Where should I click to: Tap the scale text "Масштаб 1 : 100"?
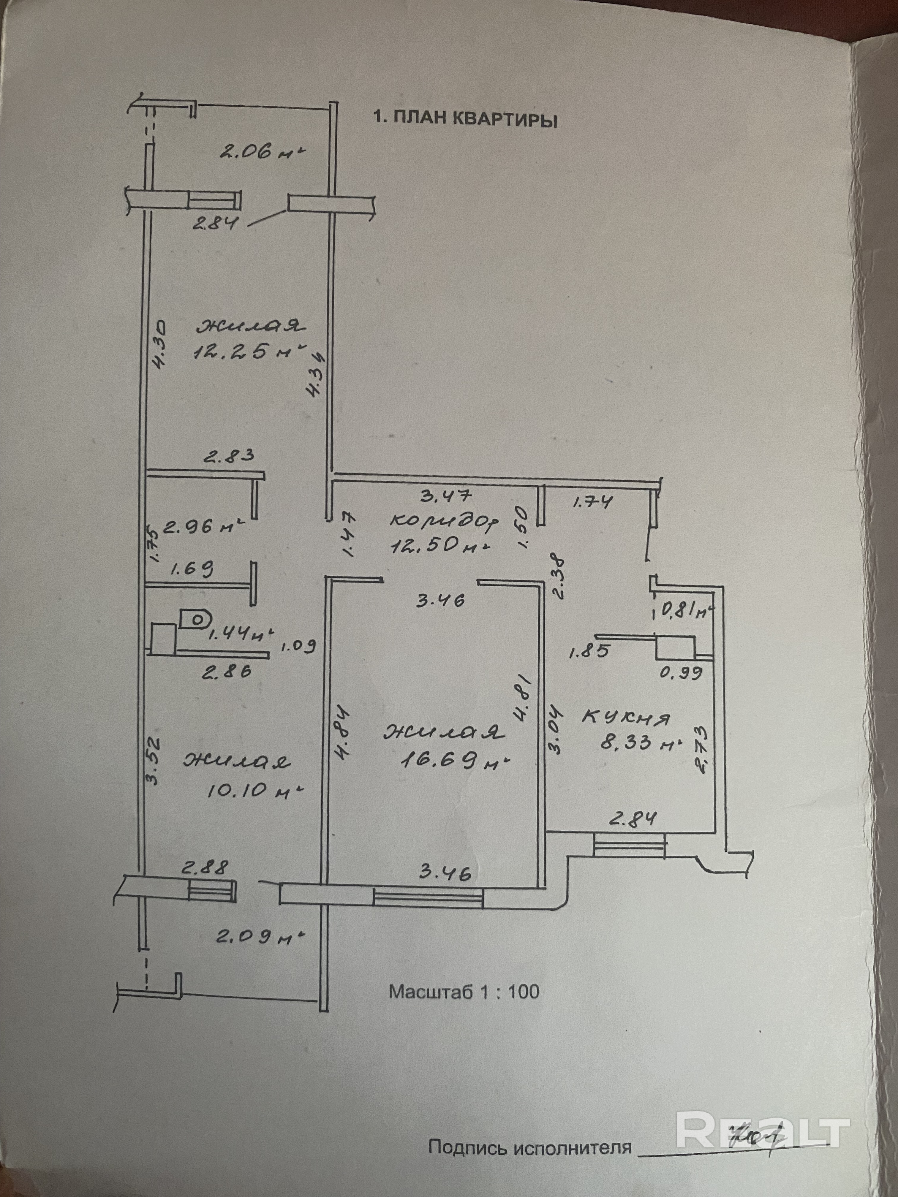[464, 991]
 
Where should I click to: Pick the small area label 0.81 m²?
[684, 612]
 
